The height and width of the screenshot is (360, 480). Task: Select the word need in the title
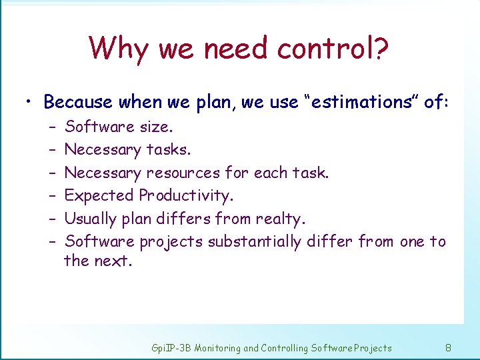point(240,48)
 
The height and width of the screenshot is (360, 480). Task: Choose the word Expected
point(99,195)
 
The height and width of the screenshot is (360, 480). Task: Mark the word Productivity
point(185,195)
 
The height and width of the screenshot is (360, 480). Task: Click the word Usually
point(90,219)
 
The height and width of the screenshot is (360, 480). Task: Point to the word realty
point(277,219)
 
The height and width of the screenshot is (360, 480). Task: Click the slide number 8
point(448,347)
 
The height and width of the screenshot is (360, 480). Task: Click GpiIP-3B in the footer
point(171,347)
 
